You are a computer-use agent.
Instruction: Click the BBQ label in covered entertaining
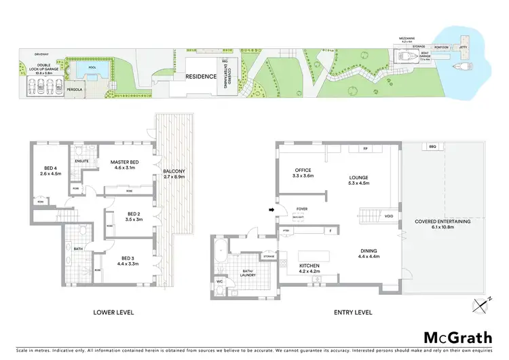pyautogui.click(x=432, y=147)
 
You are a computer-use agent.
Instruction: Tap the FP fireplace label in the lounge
pyautogui.click(x=365, y=147)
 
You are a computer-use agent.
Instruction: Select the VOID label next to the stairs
pyautogui.click(x=388, y=217)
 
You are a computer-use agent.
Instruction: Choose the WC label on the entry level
pyautogui.click(x=219, y=280)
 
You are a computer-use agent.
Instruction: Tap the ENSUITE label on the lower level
pyautogui.click(x=83, y=161)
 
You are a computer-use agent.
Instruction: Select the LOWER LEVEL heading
pyautogui.click(x=114, y=312)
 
